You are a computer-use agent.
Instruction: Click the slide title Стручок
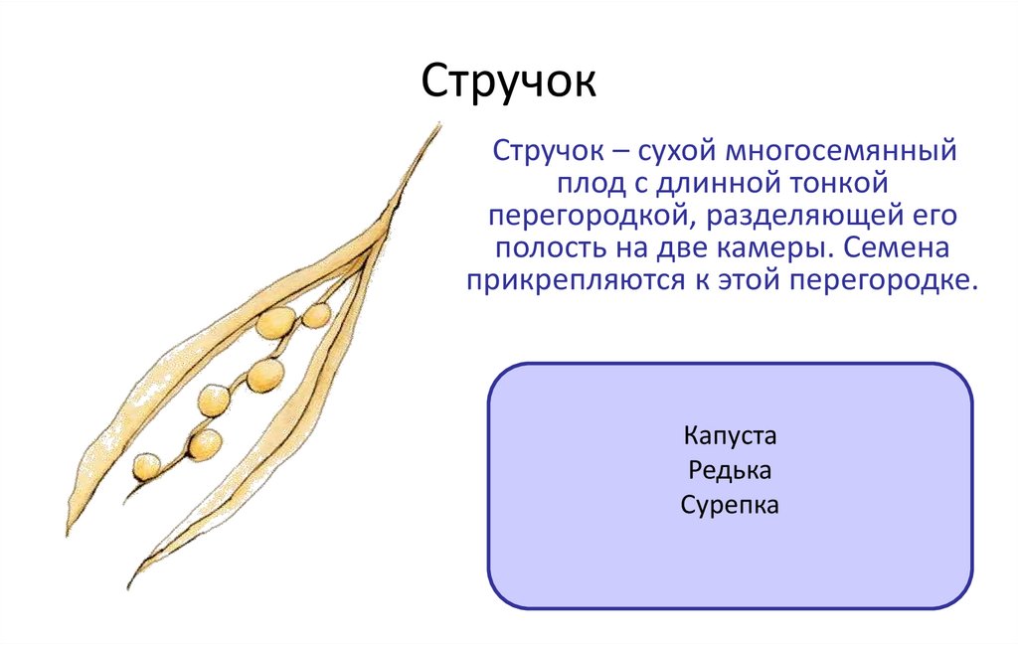tap(509, 81)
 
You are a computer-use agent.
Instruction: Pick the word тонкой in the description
tap(842, 186)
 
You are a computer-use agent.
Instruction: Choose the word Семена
tap(912, 248)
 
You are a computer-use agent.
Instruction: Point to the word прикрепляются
tap(574, 280)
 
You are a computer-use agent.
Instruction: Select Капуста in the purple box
tap(730, 437)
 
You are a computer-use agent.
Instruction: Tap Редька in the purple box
tap(730, 471)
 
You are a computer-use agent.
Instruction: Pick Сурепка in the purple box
tap(730, 505)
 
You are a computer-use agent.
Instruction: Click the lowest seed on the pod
tap(147, 464)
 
